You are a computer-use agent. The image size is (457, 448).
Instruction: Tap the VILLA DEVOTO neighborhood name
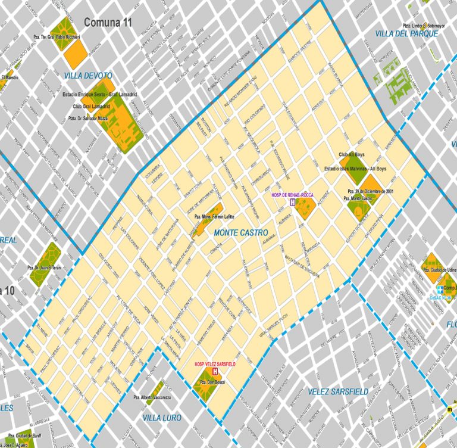point(88,76)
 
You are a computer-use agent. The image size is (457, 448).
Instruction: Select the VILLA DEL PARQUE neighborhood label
point(406,34)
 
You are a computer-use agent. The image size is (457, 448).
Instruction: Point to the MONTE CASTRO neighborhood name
point(240,232)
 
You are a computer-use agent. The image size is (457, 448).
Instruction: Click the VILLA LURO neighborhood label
point(162,418)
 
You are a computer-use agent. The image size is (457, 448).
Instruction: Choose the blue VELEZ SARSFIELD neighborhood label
point(338,391)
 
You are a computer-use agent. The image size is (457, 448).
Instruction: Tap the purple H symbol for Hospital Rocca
point(292,203)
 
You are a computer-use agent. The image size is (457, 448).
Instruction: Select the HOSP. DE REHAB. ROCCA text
point(292,195)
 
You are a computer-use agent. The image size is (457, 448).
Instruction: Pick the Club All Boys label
point(351,154)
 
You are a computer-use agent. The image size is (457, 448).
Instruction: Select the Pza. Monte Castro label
point(361,198)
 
